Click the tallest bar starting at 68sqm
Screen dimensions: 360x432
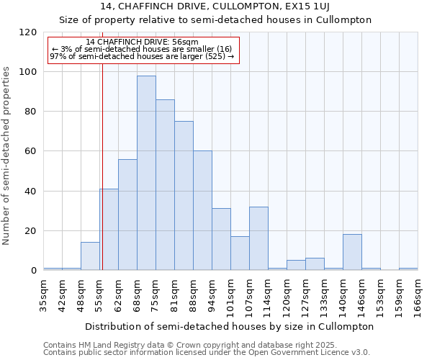coord(146,173)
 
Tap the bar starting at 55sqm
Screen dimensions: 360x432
coord(109,230)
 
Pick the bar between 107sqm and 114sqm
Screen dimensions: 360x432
coord(258,238)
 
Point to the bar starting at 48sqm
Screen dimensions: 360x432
coord(90,256)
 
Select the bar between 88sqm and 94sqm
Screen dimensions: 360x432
coord(202,210)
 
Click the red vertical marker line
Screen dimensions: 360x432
coord(102,166)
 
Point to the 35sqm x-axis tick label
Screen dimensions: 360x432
coord(43,292)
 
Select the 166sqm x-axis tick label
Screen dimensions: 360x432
coord(418,292)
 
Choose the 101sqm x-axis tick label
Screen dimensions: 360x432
coord(230,292)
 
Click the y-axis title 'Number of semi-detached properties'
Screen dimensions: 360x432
coord(6,151)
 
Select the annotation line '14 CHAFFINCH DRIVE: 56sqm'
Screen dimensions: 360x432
coord(142,42)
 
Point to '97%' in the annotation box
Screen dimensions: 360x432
coord(58,56)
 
